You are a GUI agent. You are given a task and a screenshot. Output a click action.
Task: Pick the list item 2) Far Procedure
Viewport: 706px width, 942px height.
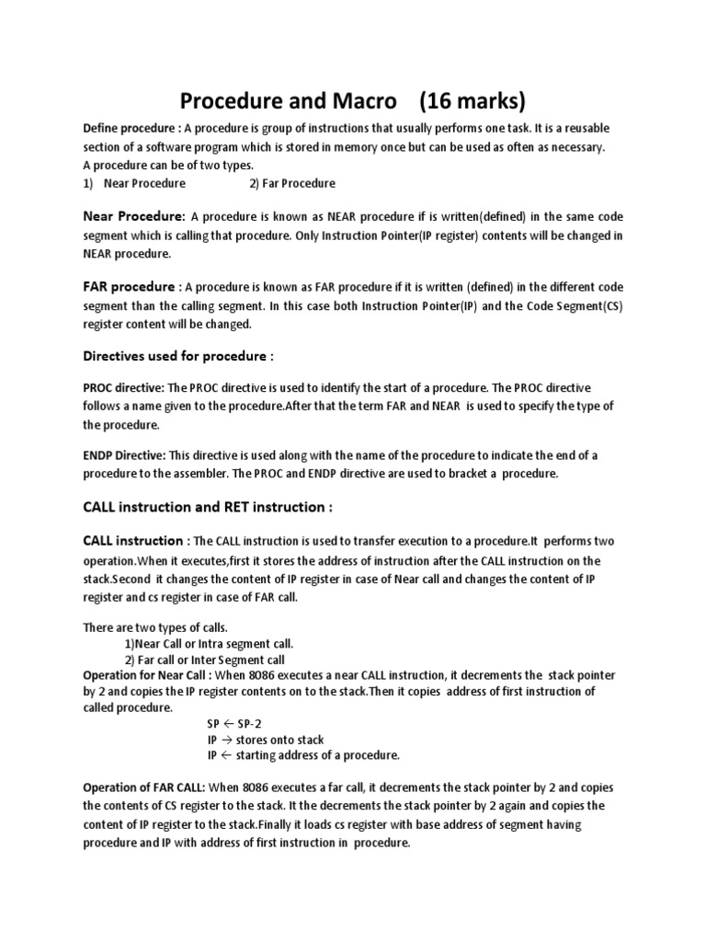[x=292, y=183]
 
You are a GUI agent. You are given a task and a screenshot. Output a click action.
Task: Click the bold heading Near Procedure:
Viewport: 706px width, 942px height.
[x=135, y=217]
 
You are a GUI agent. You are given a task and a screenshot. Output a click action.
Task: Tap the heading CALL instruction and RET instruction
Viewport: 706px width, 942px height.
[x=206, y=507]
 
